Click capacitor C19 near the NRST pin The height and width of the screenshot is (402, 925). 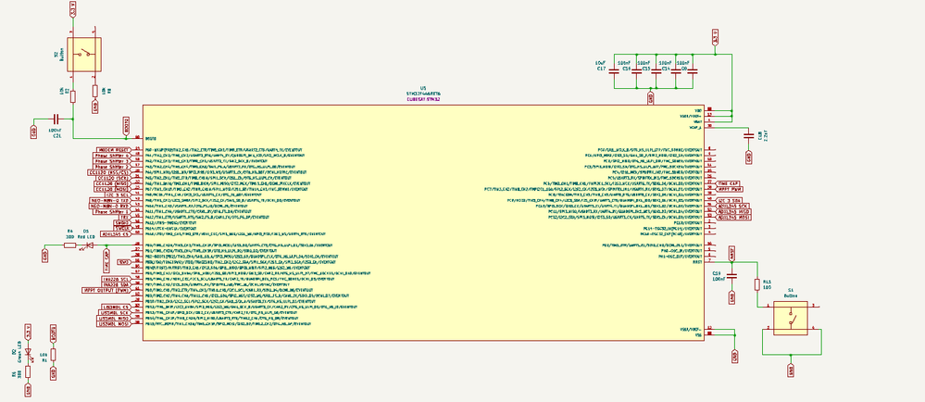[731, 275]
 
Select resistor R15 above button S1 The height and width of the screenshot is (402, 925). [758, 283]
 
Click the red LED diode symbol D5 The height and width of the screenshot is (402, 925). [89, 245]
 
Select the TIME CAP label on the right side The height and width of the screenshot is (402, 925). [729, 183]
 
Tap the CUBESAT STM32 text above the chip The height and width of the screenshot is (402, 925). [423, 100]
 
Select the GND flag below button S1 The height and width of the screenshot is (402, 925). [791, 368]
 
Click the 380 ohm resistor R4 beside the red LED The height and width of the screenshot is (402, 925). [70, 245]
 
